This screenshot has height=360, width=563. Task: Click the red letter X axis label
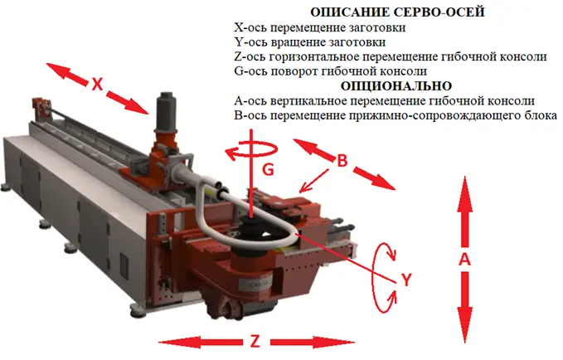pos(97,85)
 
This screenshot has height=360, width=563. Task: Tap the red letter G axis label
pos(268,169)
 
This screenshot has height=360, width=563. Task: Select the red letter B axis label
pos(342,161)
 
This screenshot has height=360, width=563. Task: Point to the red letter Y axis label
pos(406,280)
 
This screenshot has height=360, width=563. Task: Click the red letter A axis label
pos(464,259)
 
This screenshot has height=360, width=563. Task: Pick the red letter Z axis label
pos(255,341)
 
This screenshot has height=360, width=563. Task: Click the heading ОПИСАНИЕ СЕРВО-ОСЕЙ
pos(397,12)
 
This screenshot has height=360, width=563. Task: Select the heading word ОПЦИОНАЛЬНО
pos(396,86)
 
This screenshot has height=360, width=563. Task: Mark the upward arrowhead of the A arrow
pos(464,187)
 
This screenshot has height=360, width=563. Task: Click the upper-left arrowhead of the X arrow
pos(56,70)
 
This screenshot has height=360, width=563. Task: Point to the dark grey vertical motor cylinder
pos(166,111)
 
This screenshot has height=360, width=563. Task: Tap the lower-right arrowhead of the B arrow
pos(384,182)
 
